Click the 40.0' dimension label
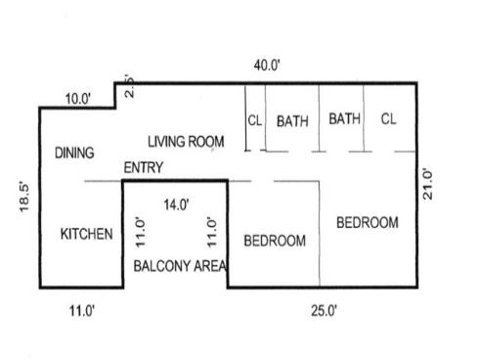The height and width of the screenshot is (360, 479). click(x=267, y=66)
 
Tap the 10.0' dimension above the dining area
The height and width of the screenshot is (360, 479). click(x=78, y=99)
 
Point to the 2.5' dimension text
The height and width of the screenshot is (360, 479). click(x=130, y=87)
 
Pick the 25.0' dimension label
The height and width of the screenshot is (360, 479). click(x=324, y=311)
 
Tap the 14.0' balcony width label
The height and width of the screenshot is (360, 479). click(x=176, y=204)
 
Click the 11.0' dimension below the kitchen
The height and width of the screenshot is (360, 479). click(x=80, y=311)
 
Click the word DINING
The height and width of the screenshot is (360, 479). click(x=74, y=153)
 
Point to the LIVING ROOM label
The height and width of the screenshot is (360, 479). click(x=186, y=142)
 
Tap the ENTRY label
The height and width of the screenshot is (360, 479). click(x=144, y=168)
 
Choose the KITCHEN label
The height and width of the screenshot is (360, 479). click(x=87, y=235)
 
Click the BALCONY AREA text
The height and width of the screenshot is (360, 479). click(x=180, y=266)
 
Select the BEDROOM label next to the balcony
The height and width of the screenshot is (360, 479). click(x=275, y=241)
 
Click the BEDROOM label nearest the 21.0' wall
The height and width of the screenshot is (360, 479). click(x=367, y=223)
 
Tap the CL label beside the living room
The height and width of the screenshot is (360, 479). click(x=254, y=121)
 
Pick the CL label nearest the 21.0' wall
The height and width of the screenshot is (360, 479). click(x=388, y=119)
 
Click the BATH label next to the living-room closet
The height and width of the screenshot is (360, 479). click(x=292, y=121)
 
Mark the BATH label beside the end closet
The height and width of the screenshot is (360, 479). click(x=344, y=119)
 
